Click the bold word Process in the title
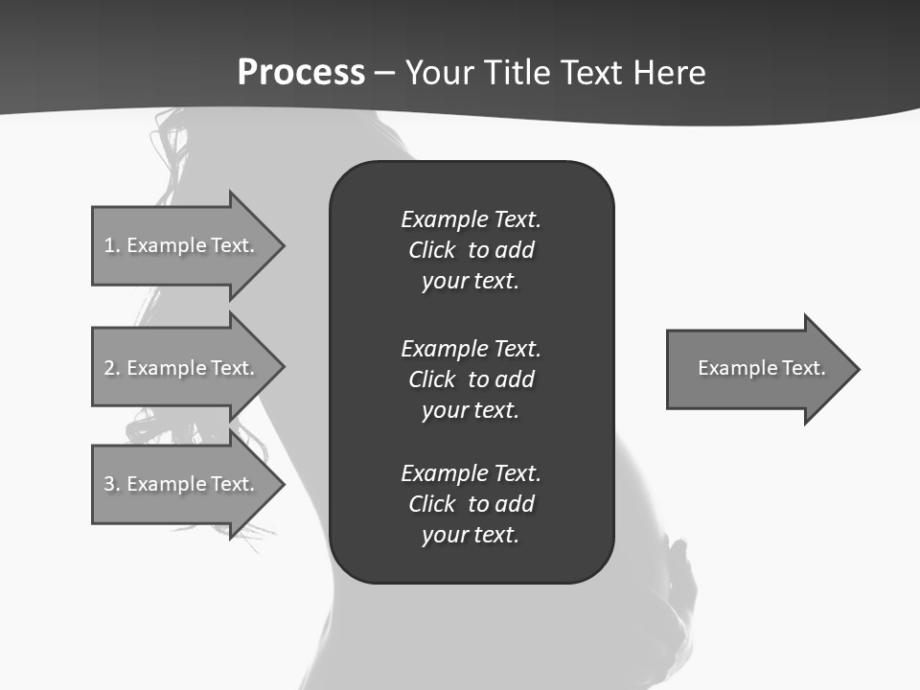[x=301, y=73]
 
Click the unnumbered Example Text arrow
[x=757, y=368]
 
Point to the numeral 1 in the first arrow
[x=109, y=245]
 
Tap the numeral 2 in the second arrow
[x=109, y=368]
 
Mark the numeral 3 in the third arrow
[x=109, y=484]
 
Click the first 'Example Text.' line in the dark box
[x=471, y=219]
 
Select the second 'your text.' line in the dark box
[x=471, y=410]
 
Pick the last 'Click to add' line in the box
[x=471, y=504]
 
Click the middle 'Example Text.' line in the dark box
[x=471, y=348]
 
